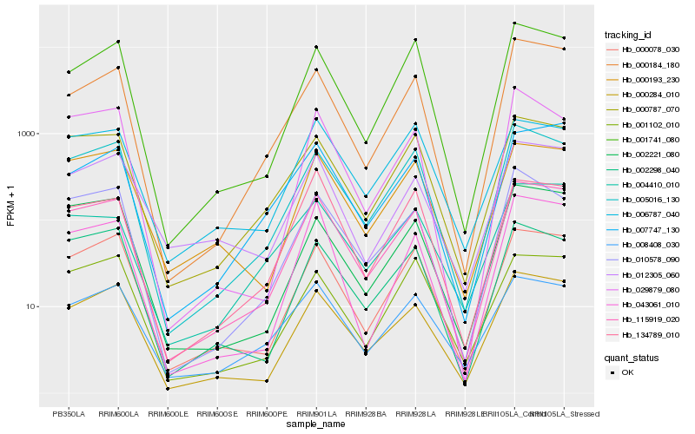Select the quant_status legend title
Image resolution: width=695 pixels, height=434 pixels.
[632, 357]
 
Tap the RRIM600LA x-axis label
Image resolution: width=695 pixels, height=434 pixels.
[118, 412]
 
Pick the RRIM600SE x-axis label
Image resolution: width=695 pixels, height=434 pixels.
[217, 412]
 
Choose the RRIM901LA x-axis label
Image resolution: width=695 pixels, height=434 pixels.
[316, 412]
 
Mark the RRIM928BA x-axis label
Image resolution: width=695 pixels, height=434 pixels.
[366, 412]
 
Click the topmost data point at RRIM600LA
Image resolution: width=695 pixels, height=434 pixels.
[118, 42]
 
